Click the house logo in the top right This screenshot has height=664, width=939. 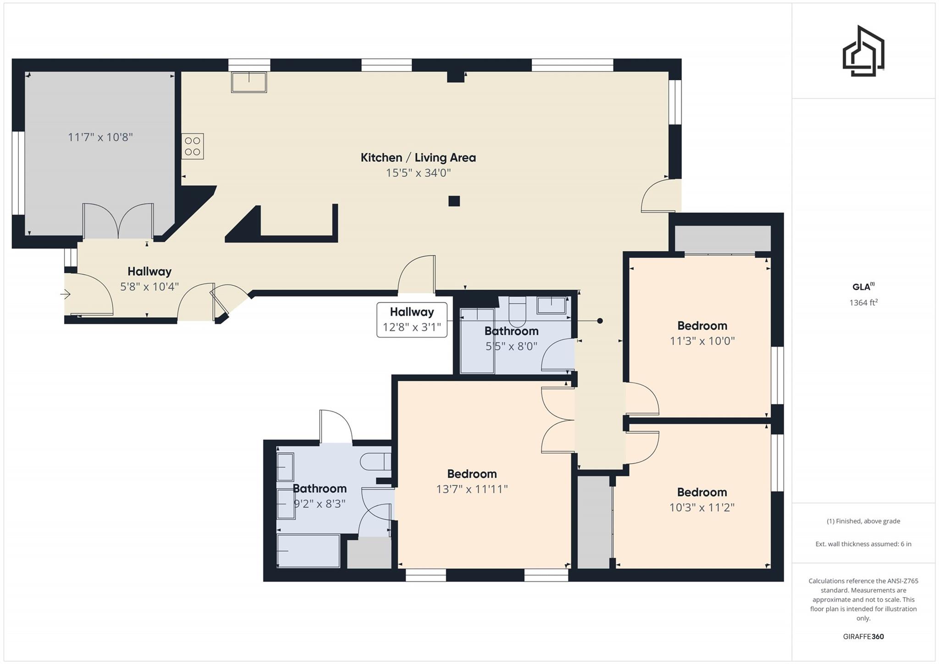[x=863, y=51]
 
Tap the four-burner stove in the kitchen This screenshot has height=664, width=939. [x=193, y=146]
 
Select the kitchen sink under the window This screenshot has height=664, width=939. [x=249, y=82]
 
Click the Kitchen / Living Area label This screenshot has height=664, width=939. [x=418, y=158]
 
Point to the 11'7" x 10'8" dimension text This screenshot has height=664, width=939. [x=100, y=137]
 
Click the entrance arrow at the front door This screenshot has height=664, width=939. [x=66, y=294]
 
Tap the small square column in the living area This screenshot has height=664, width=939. [x=454, y=201]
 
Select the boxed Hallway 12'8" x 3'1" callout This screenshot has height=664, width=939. [x=412, y=320]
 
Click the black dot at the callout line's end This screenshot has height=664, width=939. [x=600, y=321]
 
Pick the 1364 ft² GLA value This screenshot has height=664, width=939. [x=863, y=303]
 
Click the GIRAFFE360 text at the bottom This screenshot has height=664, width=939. [x=863, y=636]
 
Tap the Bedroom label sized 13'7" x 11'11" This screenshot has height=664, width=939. [x=472, y=474]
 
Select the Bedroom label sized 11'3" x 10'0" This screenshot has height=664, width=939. [x=702, y=326]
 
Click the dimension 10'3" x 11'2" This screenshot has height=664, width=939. [x=702, y=508]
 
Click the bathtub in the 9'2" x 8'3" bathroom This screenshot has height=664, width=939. [x=308, y=551]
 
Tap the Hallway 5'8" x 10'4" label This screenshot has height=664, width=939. [x=149, y=271]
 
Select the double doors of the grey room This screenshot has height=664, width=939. [x=118, y=221]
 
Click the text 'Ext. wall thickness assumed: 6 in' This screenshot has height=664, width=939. [x=863, y=544]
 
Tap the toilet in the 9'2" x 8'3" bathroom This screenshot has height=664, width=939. [x=375, y=462]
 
